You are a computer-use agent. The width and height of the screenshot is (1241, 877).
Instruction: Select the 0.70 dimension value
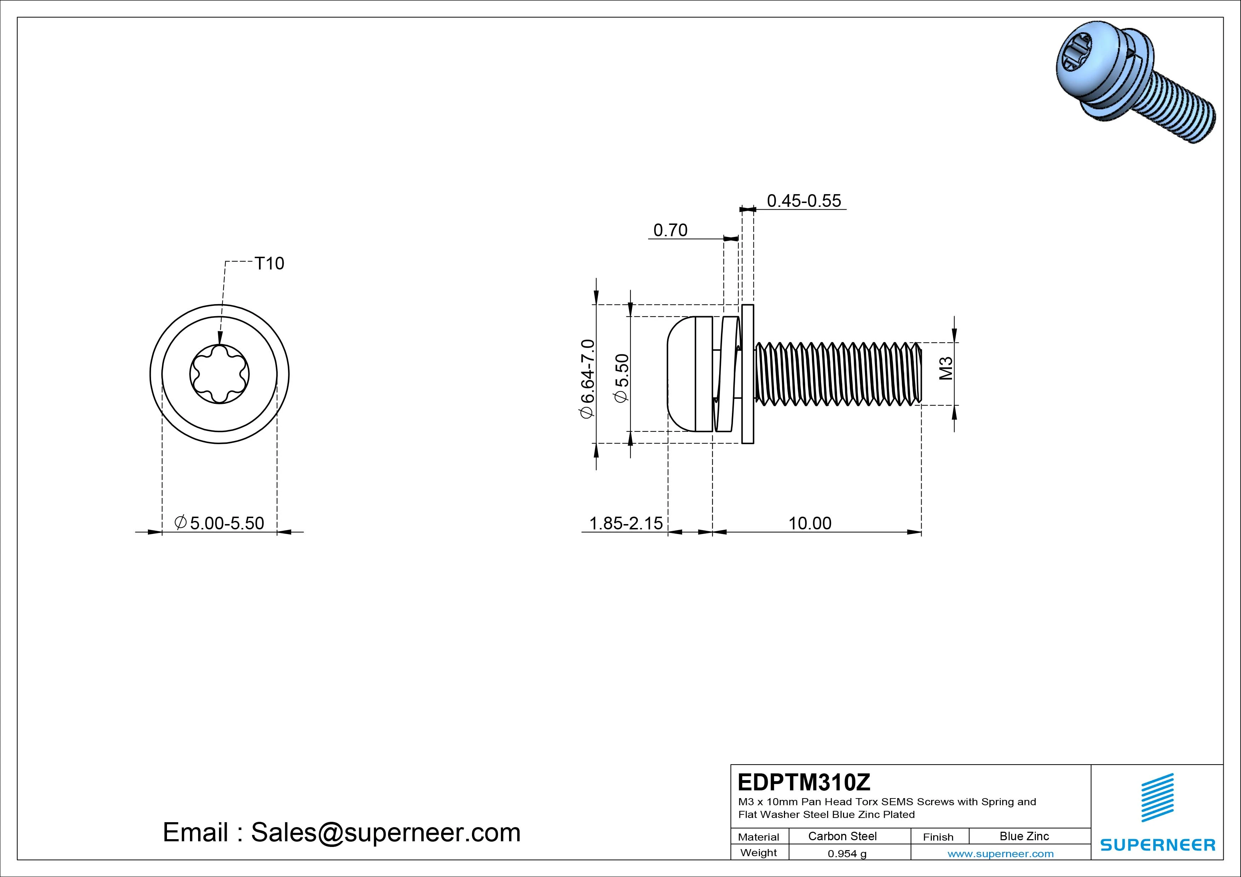pos(670,231)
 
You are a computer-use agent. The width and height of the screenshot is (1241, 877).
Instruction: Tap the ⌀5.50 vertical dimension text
pos(622,378)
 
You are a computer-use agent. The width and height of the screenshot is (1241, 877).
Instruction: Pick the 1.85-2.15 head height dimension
pos(625,523)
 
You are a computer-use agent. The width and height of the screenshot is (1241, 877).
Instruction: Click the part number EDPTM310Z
pos(804,782)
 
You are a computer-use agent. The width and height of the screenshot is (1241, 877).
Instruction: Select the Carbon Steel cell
pos(842,836)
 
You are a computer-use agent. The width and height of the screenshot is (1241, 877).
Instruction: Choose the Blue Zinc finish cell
pos(1024,836)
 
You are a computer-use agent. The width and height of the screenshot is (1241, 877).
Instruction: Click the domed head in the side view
pos(682,374)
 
